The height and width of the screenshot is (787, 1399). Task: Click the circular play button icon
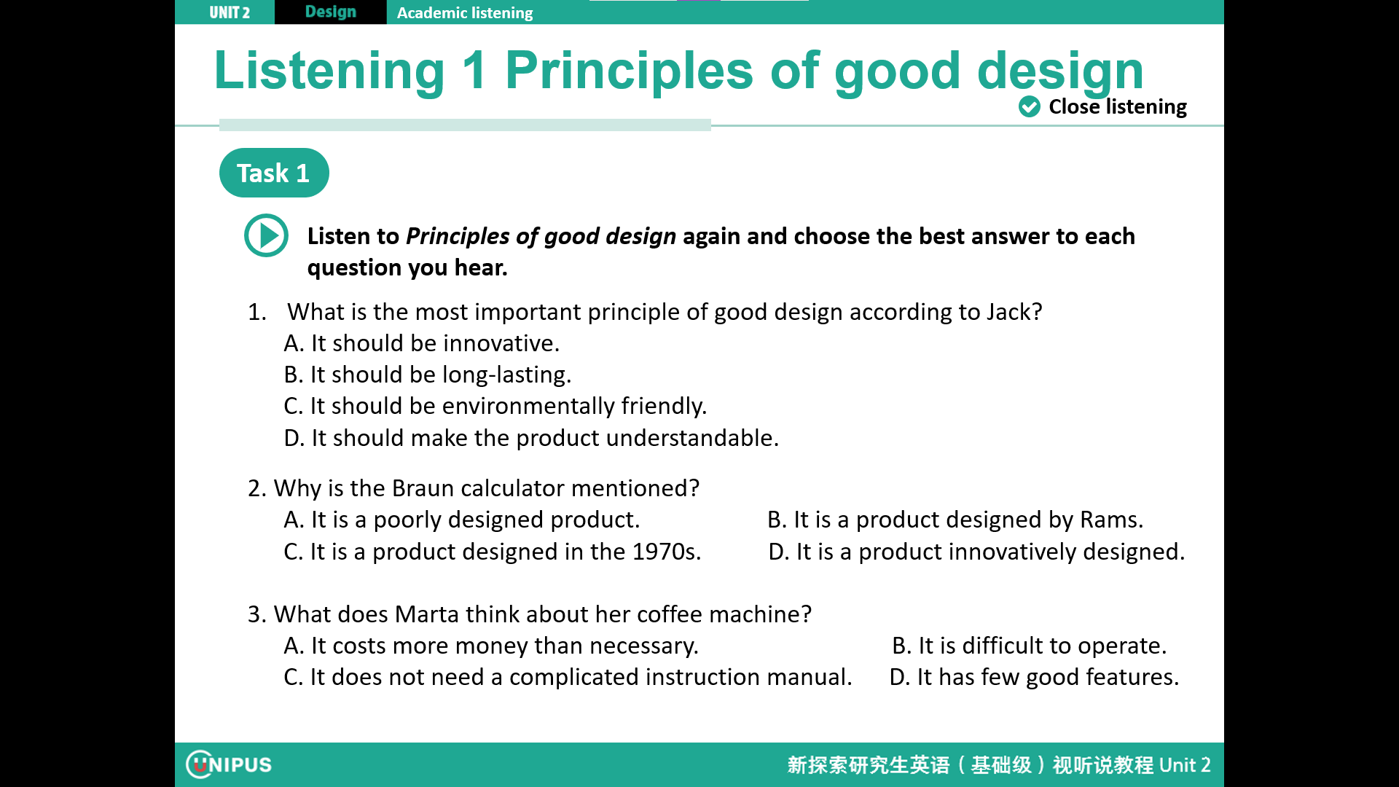(x=266, y=235)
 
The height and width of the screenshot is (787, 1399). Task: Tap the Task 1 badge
(x=274, y=173)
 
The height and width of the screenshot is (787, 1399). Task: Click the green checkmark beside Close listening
(x=1029, y=106)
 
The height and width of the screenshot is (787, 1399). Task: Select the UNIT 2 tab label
(x=230, y=12)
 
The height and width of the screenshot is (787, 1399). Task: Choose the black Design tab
(x=331, y=12)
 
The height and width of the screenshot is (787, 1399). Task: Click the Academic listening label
(x=465, y=13)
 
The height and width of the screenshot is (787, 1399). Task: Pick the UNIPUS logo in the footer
(x=229, y=764)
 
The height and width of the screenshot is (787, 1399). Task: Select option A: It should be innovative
(x=422, y=343)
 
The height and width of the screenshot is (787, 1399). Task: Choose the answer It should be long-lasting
(x=428, y=375)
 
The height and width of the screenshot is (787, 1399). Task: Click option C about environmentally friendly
(x=495, y=406)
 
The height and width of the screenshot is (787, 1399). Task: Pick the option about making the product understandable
(x=531, y=438)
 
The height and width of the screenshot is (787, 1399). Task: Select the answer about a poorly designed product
(x=462, y=520)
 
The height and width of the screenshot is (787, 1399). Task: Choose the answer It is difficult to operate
(x=1030, y=646)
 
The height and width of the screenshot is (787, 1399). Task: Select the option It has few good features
(x=1034, y=677)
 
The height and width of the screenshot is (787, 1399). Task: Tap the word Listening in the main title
(x=329, y=71)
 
